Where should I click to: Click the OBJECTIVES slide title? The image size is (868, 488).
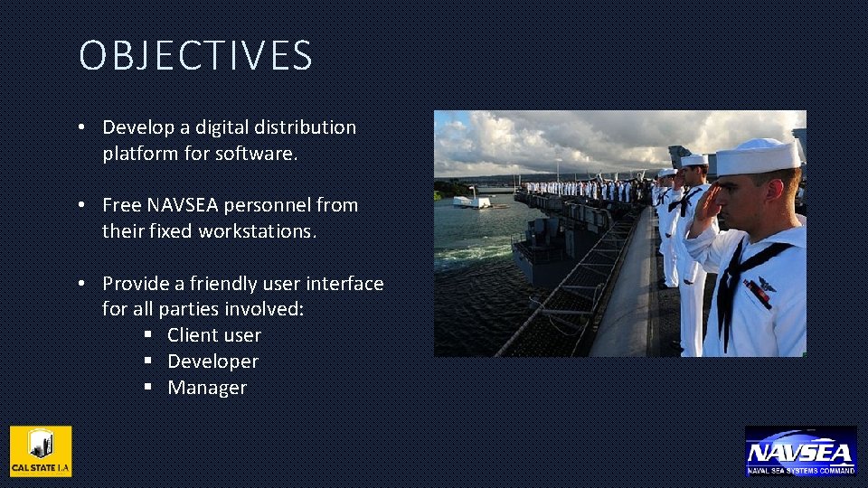pyautogui.click(x=195, y=56)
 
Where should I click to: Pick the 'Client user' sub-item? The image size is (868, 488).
pyautogui.click(x=213, y=335)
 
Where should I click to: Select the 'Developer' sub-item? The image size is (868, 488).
pyautogui.click(x=212, y=361)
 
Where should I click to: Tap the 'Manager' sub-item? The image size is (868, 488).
pyautogui.click(x=207, y=388)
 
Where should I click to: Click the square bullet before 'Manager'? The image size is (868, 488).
pyautogui.click(x=148, y=388)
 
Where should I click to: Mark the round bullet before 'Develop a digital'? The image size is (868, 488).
pyautogui.click(x=81, y=127)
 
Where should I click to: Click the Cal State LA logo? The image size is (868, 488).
pyautogui.click(x=41, y=451)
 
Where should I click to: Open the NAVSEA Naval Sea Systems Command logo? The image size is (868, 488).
pyautogui.click(x=800, y=451)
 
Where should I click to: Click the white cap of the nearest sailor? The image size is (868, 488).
pyautogui.click(x=758, y=156)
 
